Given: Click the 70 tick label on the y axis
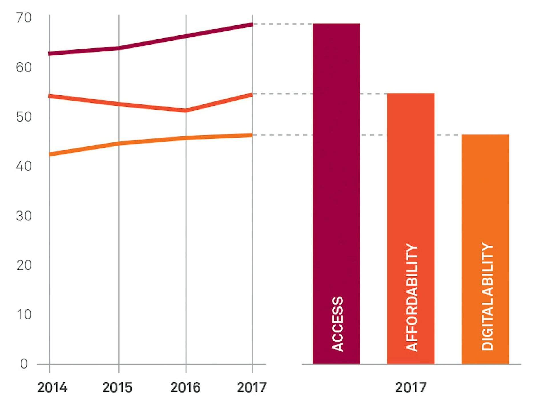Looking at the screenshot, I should pyautogui.click(x=24, y=18).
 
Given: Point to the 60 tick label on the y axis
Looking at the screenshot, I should pyautogui.click(x=24, y=68).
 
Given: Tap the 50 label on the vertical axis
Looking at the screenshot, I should pyautogui.click(x=24, y=117).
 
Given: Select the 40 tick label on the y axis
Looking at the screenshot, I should pyautogui.click(x=24, y=166).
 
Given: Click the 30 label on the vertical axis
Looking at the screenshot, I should pyautogui.click(x=24, y=216).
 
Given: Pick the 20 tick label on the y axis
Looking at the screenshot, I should pyautogui.click(x=24, y=265).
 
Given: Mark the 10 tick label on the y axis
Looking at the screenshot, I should pyautogui.click(x=24, y=315).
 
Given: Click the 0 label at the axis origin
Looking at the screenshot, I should pyautogui.click(x=24, y=364).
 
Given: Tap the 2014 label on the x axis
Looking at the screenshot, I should pyautogui.click(x=52, y=388).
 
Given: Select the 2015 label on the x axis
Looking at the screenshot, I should pyautogui.click(x=117, y=388).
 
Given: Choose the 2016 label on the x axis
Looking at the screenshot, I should pyautogui.click(x=186, y=388).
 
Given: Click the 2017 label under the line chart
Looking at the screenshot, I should pyautogui.click(x=252, y=388).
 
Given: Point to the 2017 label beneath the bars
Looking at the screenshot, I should pyautogui.click(x=411, y=388).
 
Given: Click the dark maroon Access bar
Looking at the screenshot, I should pyautogui.click(x=336, y=172).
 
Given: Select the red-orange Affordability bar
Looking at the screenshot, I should pyautogui.click(x=410, y=186).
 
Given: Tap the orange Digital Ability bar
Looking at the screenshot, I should pyautogui.click(x=485, y=200).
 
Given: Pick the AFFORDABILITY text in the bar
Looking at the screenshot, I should pyautogui.click(x=412, y=297).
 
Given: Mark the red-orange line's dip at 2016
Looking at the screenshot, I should pyautogui.click(x=186, y=110).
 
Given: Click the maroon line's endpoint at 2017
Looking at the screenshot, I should pyautogui.click(x=252, y=25).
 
